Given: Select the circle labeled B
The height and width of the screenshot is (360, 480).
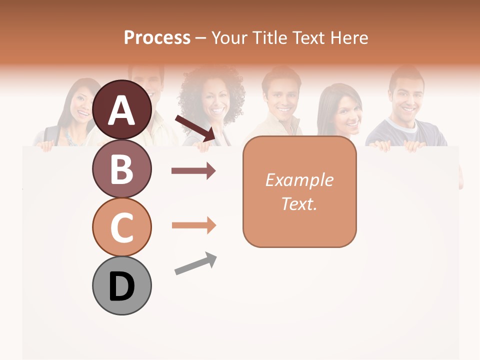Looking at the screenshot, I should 122,168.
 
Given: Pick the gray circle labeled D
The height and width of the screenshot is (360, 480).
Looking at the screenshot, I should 122,285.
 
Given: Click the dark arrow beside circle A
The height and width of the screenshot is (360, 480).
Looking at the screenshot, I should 195,127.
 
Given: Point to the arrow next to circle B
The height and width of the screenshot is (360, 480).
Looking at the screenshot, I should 193,171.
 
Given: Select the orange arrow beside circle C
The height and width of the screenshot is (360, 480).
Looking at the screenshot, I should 193,225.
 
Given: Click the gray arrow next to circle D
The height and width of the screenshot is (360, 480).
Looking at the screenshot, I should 195,263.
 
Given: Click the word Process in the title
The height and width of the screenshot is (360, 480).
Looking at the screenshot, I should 157,37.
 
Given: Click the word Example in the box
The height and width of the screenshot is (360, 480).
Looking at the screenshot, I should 299,180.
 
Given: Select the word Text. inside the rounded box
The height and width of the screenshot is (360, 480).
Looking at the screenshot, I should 299,203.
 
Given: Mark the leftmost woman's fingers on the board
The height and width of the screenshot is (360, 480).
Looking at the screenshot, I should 46,145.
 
